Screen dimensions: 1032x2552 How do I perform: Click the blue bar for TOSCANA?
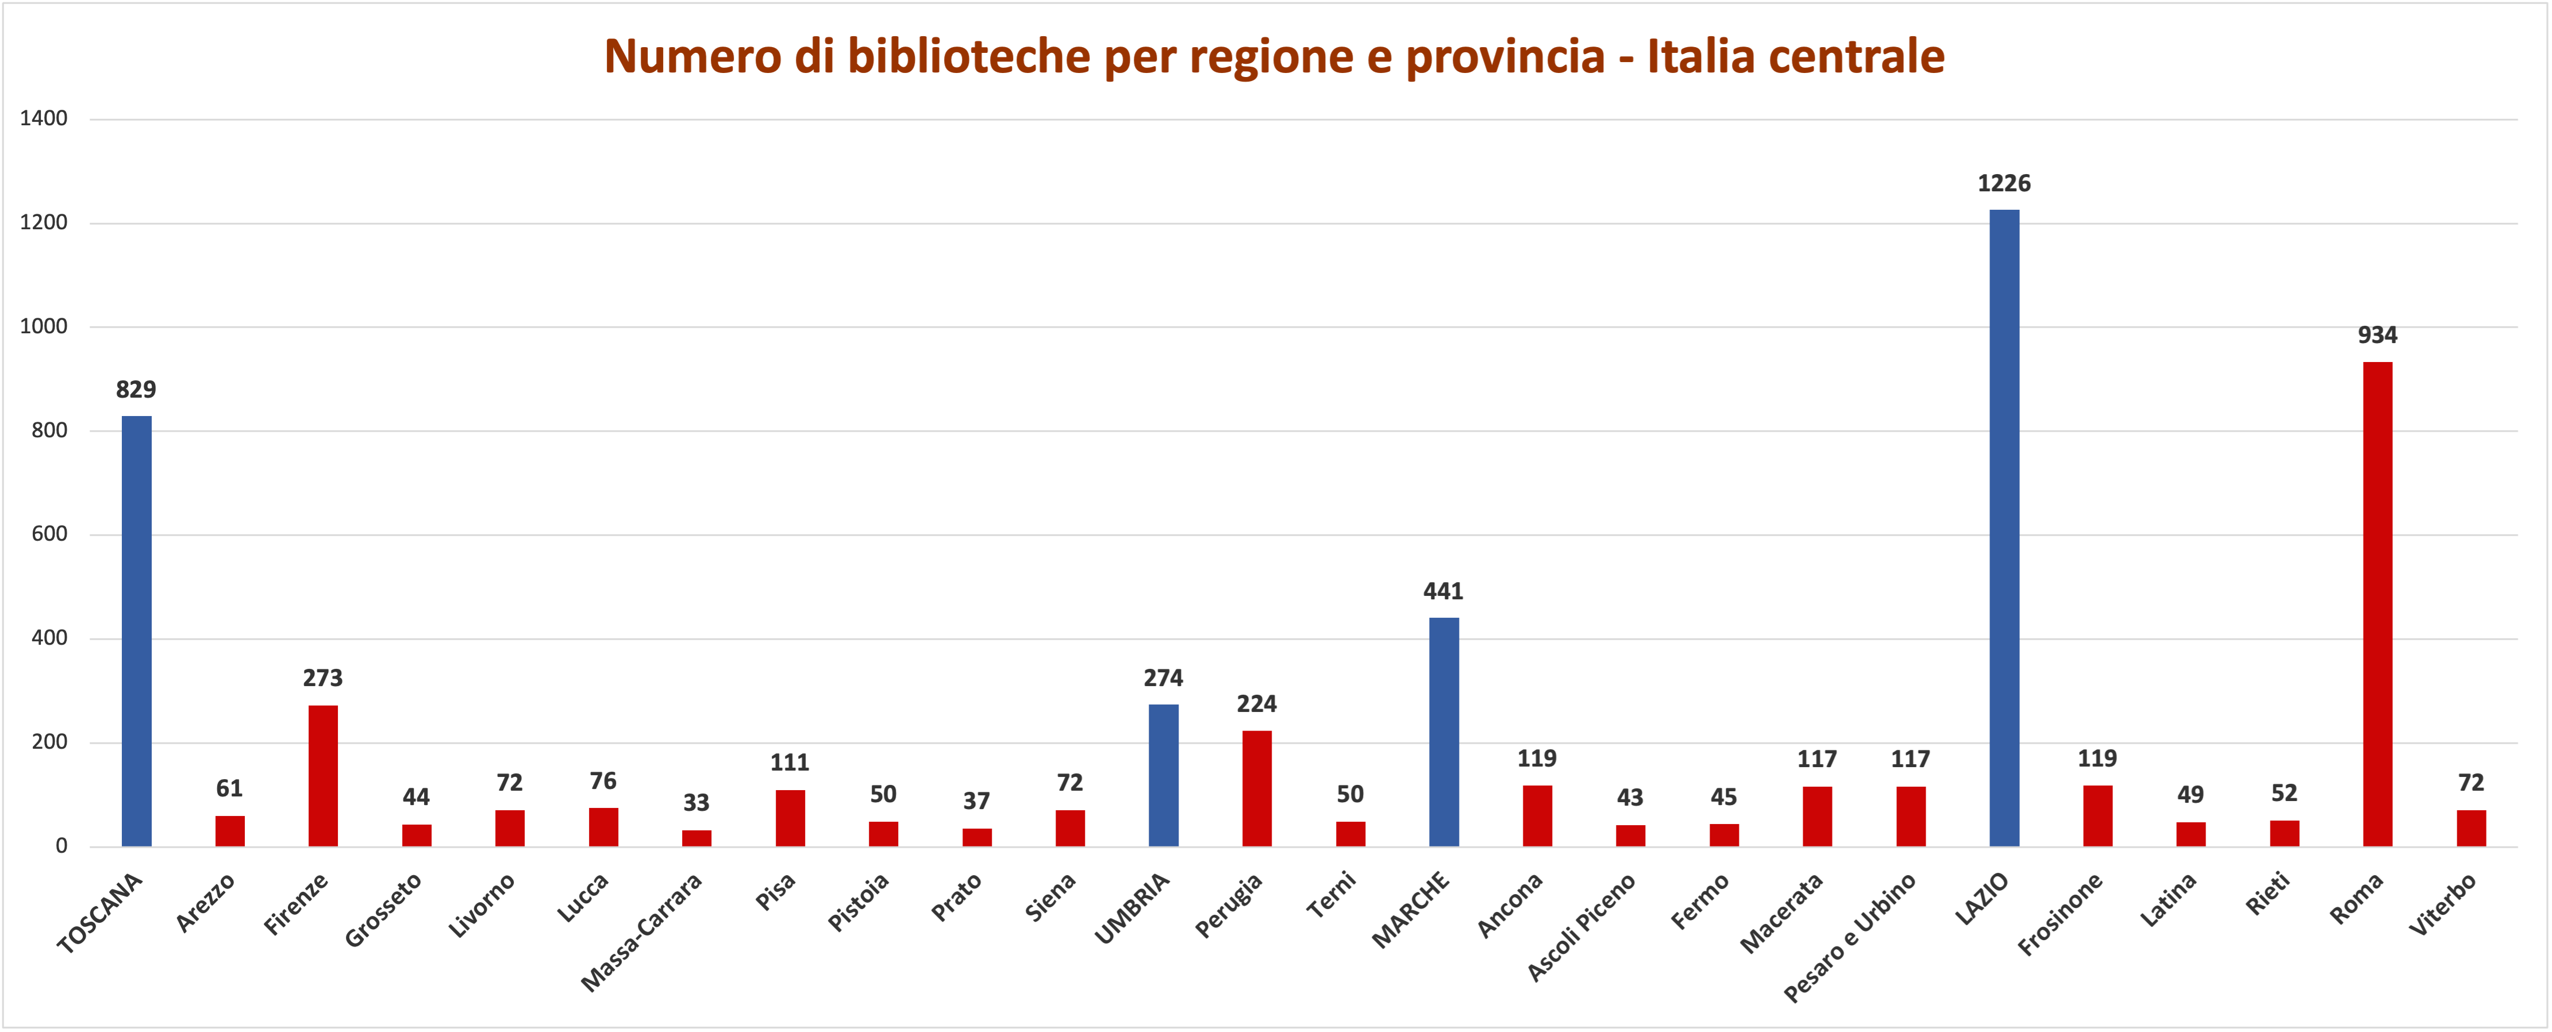(x=137, y=631)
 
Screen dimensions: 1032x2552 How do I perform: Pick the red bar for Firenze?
(x=323, y=776)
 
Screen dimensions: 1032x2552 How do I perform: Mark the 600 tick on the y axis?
(x=49, y=534)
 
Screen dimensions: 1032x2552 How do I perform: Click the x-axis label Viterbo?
(x=2442, y=904)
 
